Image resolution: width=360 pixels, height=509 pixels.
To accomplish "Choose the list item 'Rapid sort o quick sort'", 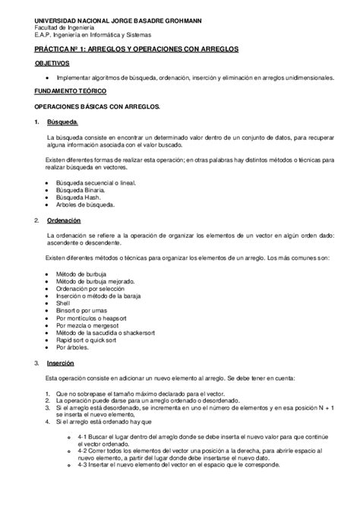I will (90, 340).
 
